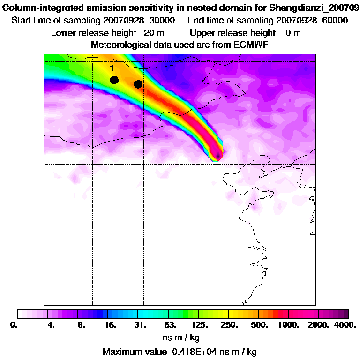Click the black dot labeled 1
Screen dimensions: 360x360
pyautogui.click(x=114, y=80)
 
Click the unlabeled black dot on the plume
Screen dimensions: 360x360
pyautogui.click(x=138, y=84)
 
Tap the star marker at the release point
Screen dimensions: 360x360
pyautogui.click(x=217, y=156)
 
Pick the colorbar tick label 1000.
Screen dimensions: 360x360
pyautogui.click(x=290, y=325)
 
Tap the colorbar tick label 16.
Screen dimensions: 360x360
pyautogui.click(x=110, y=325)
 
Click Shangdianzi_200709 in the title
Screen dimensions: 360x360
pyautogui.click(x=312, y=7)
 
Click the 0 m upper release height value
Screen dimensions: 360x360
pyautogui.click(x=293, y=33)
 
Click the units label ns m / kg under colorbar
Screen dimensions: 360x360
pyautogui.click(x=180, y=337)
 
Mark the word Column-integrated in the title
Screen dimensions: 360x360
pyautogui.click(x=39, y=7)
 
